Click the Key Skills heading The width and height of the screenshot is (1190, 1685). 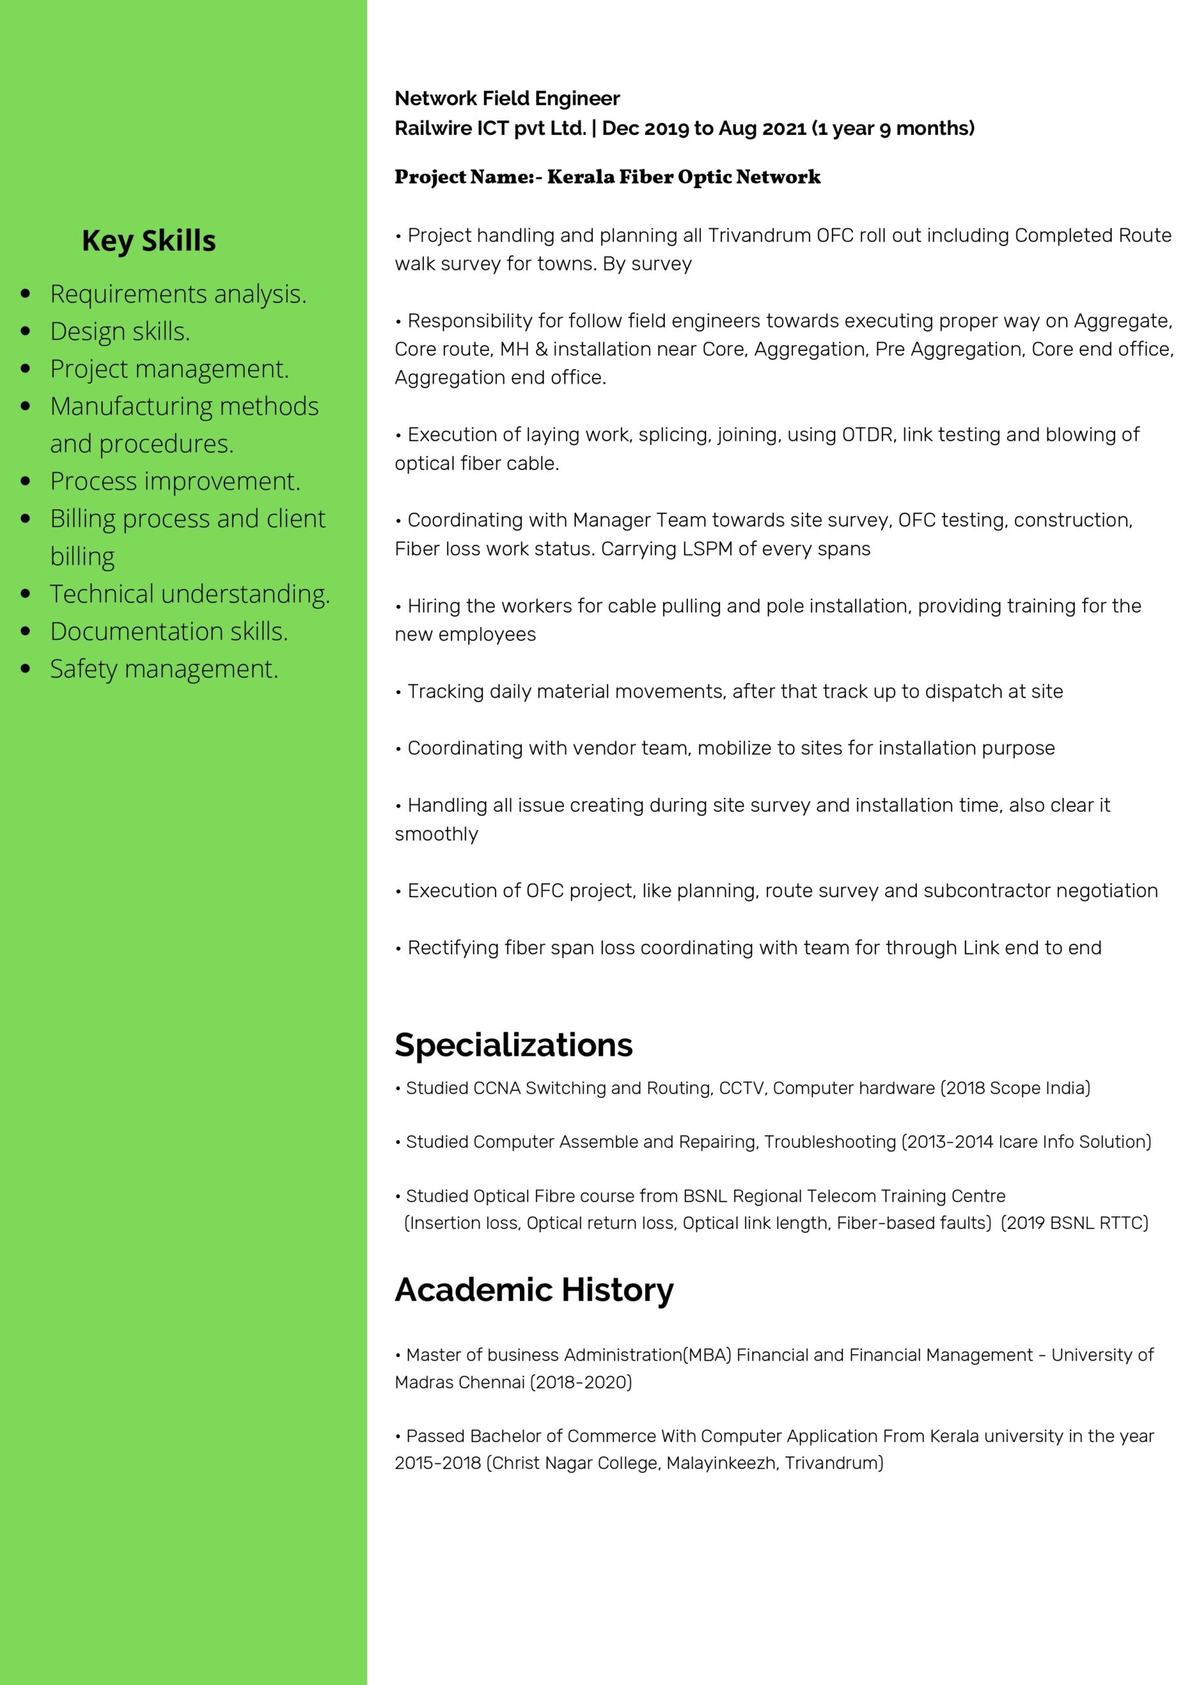click(x=148, y=241)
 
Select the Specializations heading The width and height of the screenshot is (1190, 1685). click(x=513, y=1045)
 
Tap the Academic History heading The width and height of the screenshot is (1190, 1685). click(x=533, y=1289)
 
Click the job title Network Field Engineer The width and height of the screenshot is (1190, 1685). click(x=507, y=98)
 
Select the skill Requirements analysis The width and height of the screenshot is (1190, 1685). click(x=178, y=294)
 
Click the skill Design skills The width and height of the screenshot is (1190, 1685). click(x=120, y=331)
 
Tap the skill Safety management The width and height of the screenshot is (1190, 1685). click(x=164, y=669)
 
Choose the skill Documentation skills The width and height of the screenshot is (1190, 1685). click(x=168, y=631)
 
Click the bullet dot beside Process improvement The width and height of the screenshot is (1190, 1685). click(x=26, y=481)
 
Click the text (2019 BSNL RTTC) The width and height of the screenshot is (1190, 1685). click(x=1075, y=1224)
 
